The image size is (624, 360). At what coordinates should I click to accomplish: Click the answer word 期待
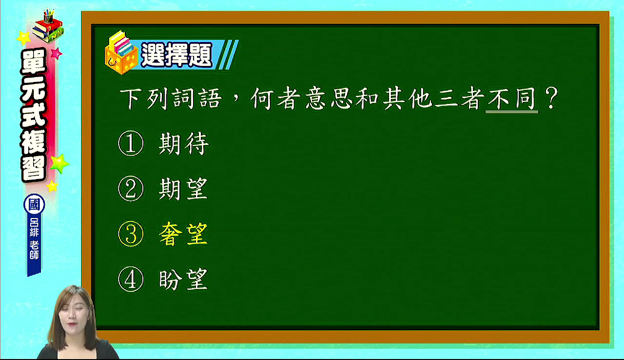point(184,143)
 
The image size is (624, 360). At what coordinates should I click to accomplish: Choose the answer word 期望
point(183,189)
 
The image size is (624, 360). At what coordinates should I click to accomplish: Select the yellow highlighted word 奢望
point(183,234)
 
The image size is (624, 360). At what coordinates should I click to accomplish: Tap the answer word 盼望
point(183,279)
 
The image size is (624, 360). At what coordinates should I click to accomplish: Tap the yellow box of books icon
point(121,53)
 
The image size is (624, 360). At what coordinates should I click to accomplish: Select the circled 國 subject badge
point(34,204)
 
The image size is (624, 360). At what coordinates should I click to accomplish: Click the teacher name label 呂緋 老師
point(34,238)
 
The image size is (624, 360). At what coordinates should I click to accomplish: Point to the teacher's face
point(73,316)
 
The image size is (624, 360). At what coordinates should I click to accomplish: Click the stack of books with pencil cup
point(48,26)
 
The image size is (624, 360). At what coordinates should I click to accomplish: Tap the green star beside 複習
point(59,163)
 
